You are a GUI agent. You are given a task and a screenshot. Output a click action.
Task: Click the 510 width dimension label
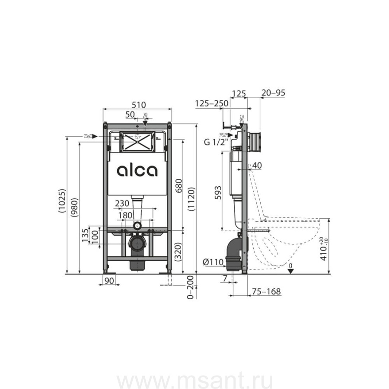tap(139, 105)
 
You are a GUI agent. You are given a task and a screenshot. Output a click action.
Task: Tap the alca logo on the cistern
tap(137, 171)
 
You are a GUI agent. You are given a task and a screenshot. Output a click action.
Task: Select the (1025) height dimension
tap(62, 201)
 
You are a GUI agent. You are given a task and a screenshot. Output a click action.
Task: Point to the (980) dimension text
tap(74, 207)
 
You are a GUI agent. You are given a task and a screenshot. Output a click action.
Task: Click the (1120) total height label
tap(191, 199)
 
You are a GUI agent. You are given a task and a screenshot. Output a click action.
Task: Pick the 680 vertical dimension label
tap(179, 186)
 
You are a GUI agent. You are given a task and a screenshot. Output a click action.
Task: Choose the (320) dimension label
tap(179, 252)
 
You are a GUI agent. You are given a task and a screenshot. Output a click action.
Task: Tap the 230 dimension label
tap(122, 204)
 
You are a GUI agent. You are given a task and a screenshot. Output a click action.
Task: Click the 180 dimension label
tap(125, 215)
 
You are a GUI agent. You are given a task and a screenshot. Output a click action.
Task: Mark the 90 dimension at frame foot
tap(109, 281)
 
